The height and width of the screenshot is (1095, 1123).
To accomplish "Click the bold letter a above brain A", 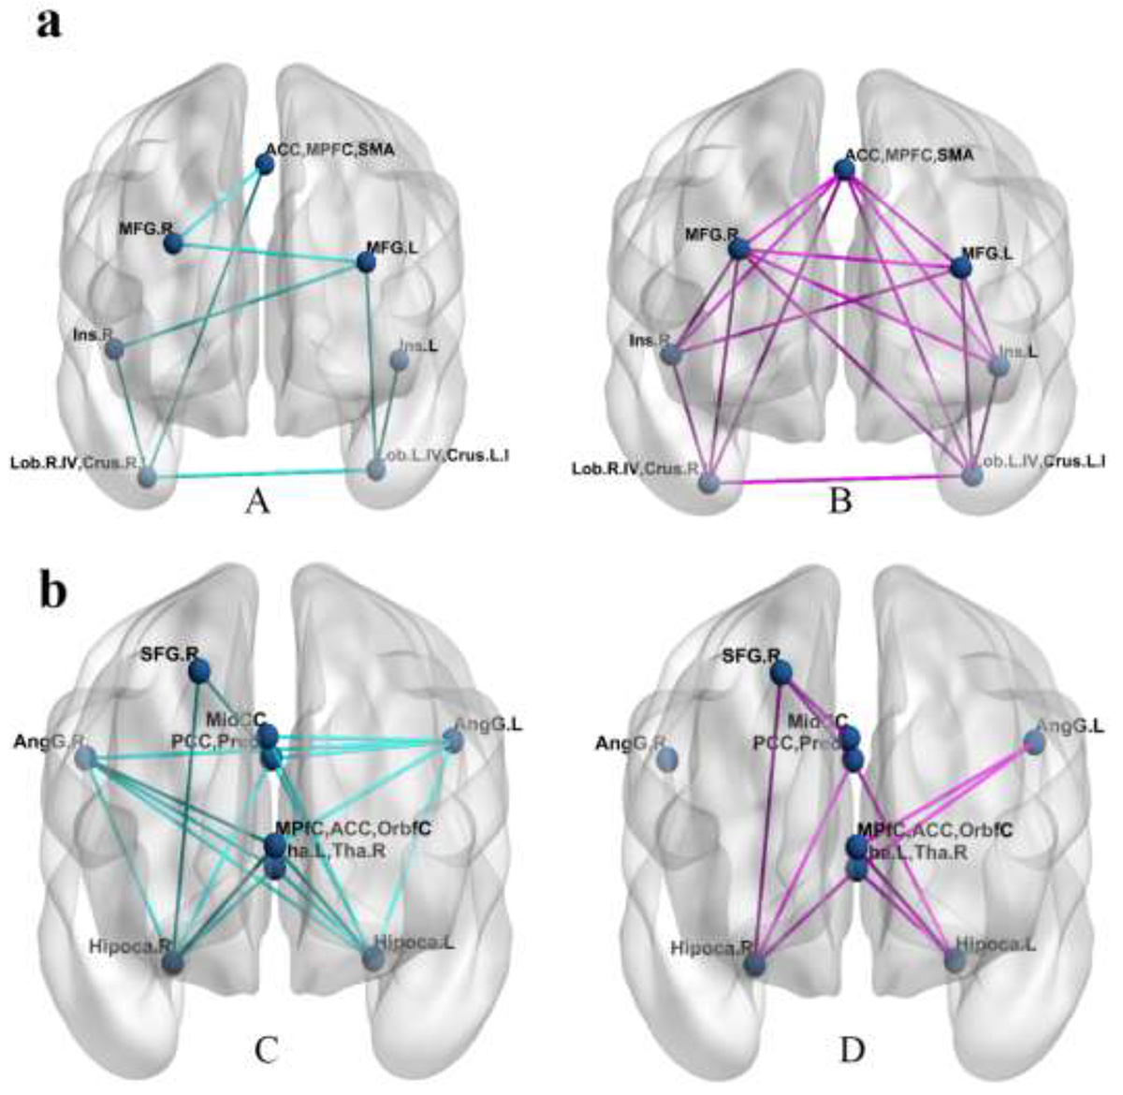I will pyautogui.click(x=49, y=22).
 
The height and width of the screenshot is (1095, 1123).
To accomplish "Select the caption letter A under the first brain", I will pyautogui.click(x=257, y=503).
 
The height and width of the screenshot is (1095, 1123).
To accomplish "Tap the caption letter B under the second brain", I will pyautogui.click(x=840, y=503).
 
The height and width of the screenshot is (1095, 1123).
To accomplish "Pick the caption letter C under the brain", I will pyautogui.click(x=267, y=1051).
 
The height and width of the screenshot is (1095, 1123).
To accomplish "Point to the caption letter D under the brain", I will pyautogui.click(x=853, y=1051).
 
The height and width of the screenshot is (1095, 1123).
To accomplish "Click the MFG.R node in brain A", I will pyautogui.click(x=172, y=244).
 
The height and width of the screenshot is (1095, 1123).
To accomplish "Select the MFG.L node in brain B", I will pyautogui.click(x=960, y=268).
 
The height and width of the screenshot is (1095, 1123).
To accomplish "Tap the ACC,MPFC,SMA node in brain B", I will pyautogui.click(x=844, y=169).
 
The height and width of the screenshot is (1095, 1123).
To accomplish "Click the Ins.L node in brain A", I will pyautogui.click(x=399, y=360).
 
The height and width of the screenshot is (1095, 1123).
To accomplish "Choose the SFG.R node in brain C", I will pyautogui.click(x=198, y=670).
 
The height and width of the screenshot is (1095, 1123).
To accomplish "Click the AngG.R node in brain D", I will pyautogui.click(x=667, y=761).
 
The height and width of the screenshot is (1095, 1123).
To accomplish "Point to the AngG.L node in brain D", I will pyautogui.click(x=1033, y=742).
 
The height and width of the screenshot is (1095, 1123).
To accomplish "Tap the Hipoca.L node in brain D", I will pyautogui.click(x=955, y=959).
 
